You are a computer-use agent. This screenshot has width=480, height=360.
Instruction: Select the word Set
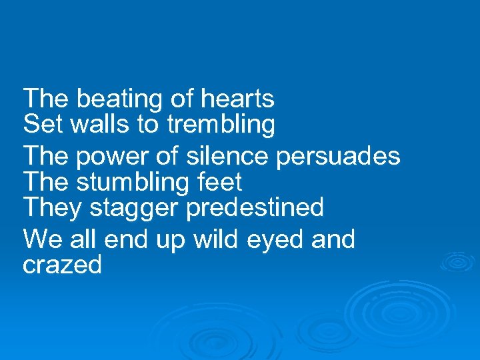click(41, 124)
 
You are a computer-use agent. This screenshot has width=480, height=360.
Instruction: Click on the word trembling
click(221, 124)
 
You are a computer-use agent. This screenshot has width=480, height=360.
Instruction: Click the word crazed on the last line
click(62, 265)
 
